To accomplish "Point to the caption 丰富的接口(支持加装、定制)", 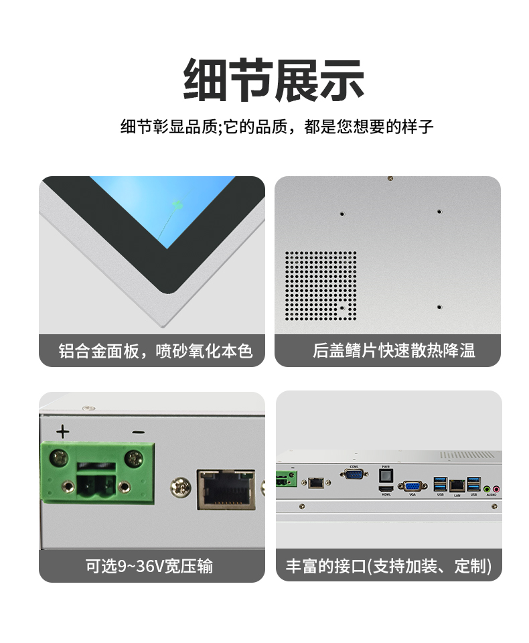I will [x=388, y=565].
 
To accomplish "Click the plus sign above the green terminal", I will [x=63, y=431].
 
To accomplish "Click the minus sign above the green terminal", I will [x=138, y=432].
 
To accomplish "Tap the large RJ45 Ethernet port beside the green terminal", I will [x=226, y=488].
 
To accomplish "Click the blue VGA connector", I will [x=412, y=485].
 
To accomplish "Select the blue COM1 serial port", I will [x=354, y=474].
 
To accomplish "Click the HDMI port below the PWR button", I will [x=385, y=490].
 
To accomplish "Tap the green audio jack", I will [x=487, y=489].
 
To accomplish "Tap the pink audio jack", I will [x=496, y=489].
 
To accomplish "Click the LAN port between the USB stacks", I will [x=457, y=484].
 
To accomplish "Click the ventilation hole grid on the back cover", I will [x=321, y=285].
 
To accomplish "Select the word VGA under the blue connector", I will [x=412, y=495].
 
